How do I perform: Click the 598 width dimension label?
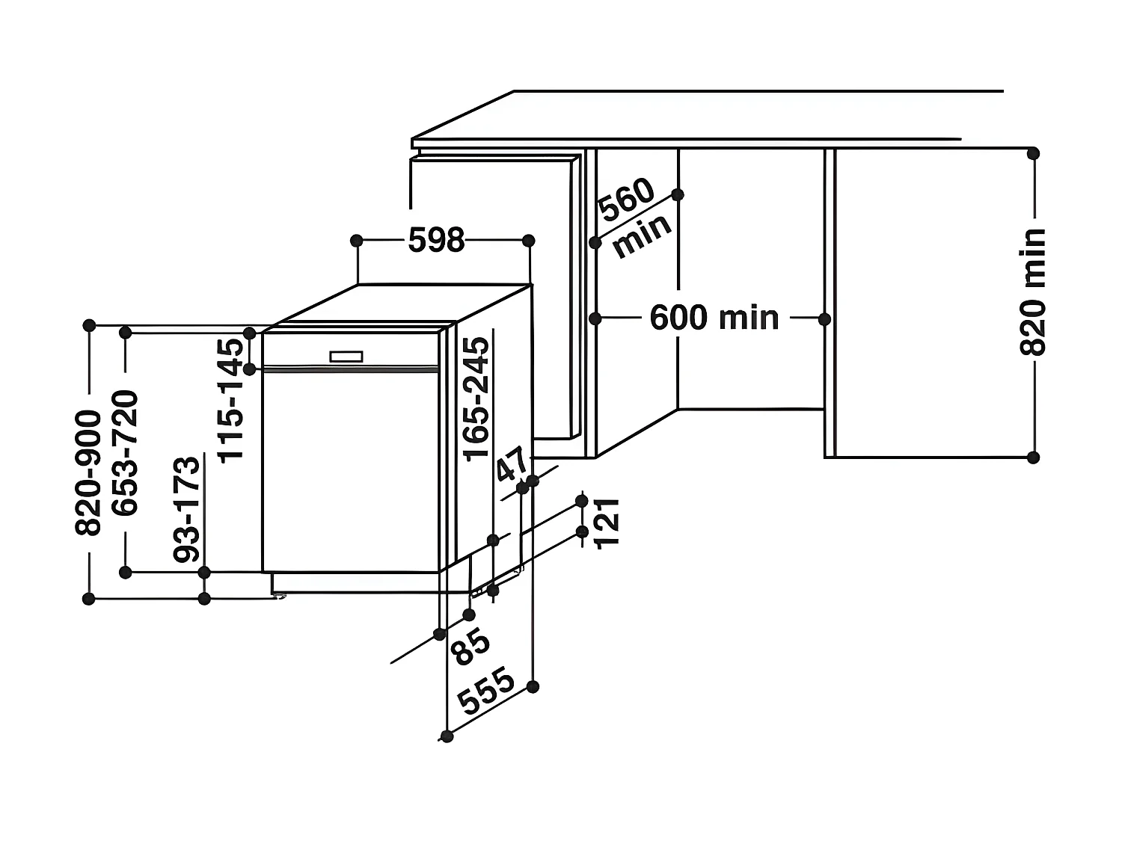click(437, 241)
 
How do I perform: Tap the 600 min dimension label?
click(714, 318)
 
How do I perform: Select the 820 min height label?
click(1033, 292)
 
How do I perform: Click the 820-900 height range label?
click(88, 472)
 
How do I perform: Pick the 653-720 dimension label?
click(125, 453)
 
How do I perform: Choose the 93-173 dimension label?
click(187, 508)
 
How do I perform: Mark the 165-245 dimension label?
click(476, 398)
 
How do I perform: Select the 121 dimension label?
click(607, 522)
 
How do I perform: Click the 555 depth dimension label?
click(487, 691)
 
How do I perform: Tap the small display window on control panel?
click(346, 357)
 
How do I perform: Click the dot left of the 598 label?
click(357, 241)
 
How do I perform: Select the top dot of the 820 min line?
click(1033, 153)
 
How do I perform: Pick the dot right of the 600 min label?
click(824, 319)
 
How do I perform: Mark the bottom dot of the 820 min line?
click(1033, 458)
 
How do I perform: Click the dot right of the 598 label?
click(528, 241)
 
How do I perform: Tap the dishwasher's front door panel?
click(350, 471)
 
